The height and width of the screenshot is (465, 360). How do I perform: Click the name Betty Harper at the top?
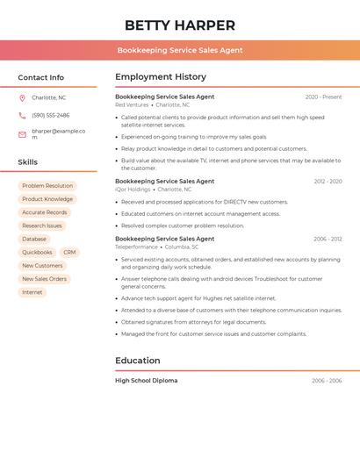pyautogui.click(x=179, y=25)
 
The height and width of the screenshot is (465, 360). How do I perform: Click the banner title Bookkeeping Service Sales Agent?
pyautogui.click(x=179, y=50)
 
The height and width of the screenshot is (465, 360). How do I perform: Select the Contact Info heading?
pyautogui.click(x=40, y=77)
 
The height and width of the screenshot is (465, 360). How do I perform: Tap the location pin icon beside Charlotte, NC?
pyautogui.click(x=22, y=97)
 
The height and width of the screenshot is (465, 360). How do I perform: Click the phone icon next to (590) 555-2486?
pyautogui.click(x=22, y=115)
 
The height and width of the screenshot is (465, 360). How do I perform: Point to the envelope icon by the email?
pyautogui.click(x=22, y=134)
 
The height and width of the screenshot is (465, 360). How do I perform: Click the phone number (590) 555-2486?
pyautogui.click(x=50, y=115)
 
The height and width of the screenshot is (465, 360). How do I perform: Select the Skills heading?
pyautogui.click(x=27, y=161)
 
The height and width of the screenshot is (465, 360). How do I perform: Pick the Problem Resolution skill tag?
pyautogui.click(x=47, y=186)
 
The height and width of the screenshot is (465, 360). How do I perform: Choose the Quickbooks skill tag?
pyautogui.click(x=37, y=253)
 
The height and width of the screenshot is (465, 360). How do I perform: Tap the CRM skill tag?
pyautogui.click(x=69, y=253)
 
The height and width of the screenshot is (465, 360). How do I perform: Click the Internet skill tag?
pyautogui.click(x=32, y=292)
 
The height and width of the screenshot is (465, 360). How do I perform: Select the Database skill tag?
pyautogui.click(x=34, y=240)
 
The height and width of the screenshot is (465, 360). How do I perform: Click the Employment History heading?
pyautogui.click(x=160, y=76)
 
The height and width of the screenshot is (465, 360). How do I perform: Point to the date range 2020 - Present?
pyautogui.click(x=323, y=97)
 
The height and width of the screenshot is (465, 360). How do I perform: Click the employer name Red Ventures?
pyautogui.click(x=132, y=104)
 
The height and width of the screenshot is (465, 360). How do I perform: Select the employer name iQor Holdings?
pyautogui.click(x=133, y=189)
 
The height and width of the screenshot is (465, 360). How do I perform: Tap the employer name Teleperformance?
pyautogui.click(x=136, y=247)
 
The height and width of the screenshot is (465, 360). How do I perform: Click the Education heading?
pyautogui.click(x=137, y=361)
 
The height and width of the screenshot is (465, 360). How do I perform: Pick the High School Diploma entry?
pyautogui.click(x=146, y=381)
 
